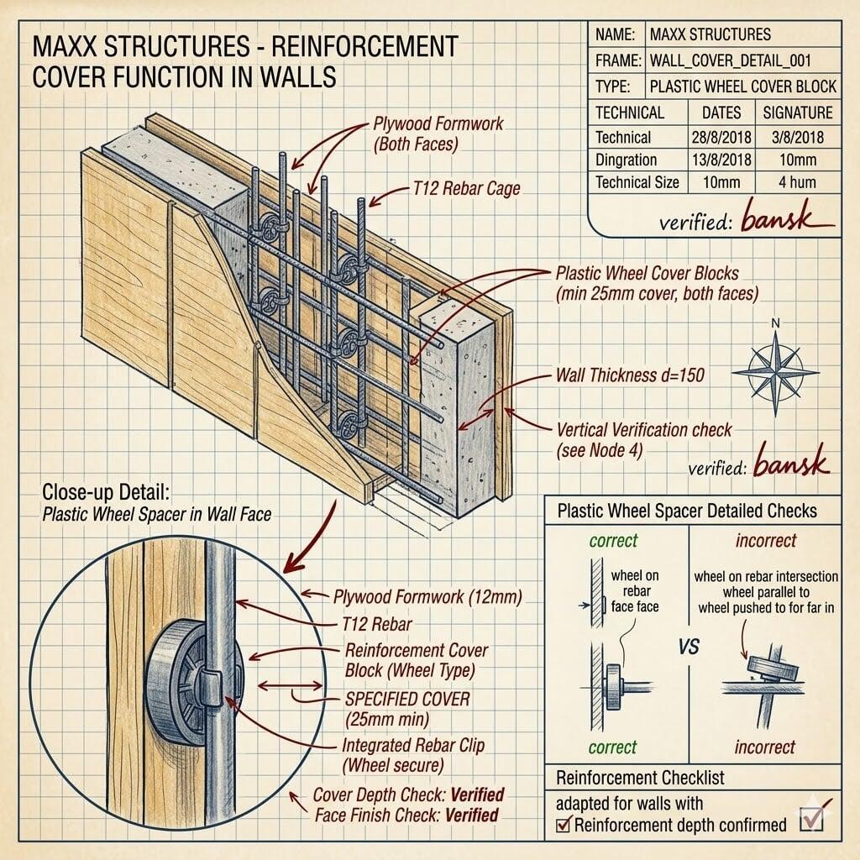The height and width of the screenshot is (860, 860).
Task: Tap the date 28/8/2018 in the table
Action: click(x=721, y=137)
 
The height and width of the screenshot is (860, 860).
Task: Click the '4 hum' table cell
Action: click(x=797, y=182)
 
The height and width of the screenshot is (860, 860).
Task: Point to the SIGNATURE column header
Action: click(x=797, y=113)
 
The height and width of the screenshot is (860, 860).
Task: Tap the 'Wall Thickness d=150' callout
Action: click(x=630, y=375)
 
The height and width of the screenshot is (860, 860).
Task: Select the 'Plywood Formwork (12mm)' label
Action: click(x=427, y=598)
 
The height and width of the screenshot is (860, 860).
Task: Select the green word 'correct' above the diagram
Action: click(x=613, y=541)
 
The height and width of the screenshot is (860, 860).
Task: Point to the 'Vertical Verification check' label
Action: click(x=644, y=430)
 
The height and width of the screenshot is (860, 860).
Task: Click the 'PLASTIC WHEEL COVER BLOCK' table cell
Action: click(x=742, y=87)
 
